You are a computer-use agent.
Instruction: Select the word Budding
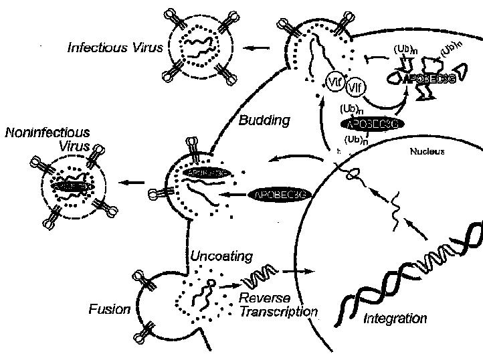tap(264, 121)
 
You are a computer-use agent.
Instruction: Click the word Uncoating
tap(221, 256)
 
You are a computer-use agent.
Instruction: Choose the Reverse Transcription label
tap(277, 305)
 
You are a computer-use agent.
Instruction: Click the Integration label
tap(395, 318)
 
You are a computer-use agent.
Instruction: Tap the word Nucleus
tap(427, 151)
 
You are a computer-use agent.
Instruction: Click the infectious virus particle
tap(203, 47)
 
